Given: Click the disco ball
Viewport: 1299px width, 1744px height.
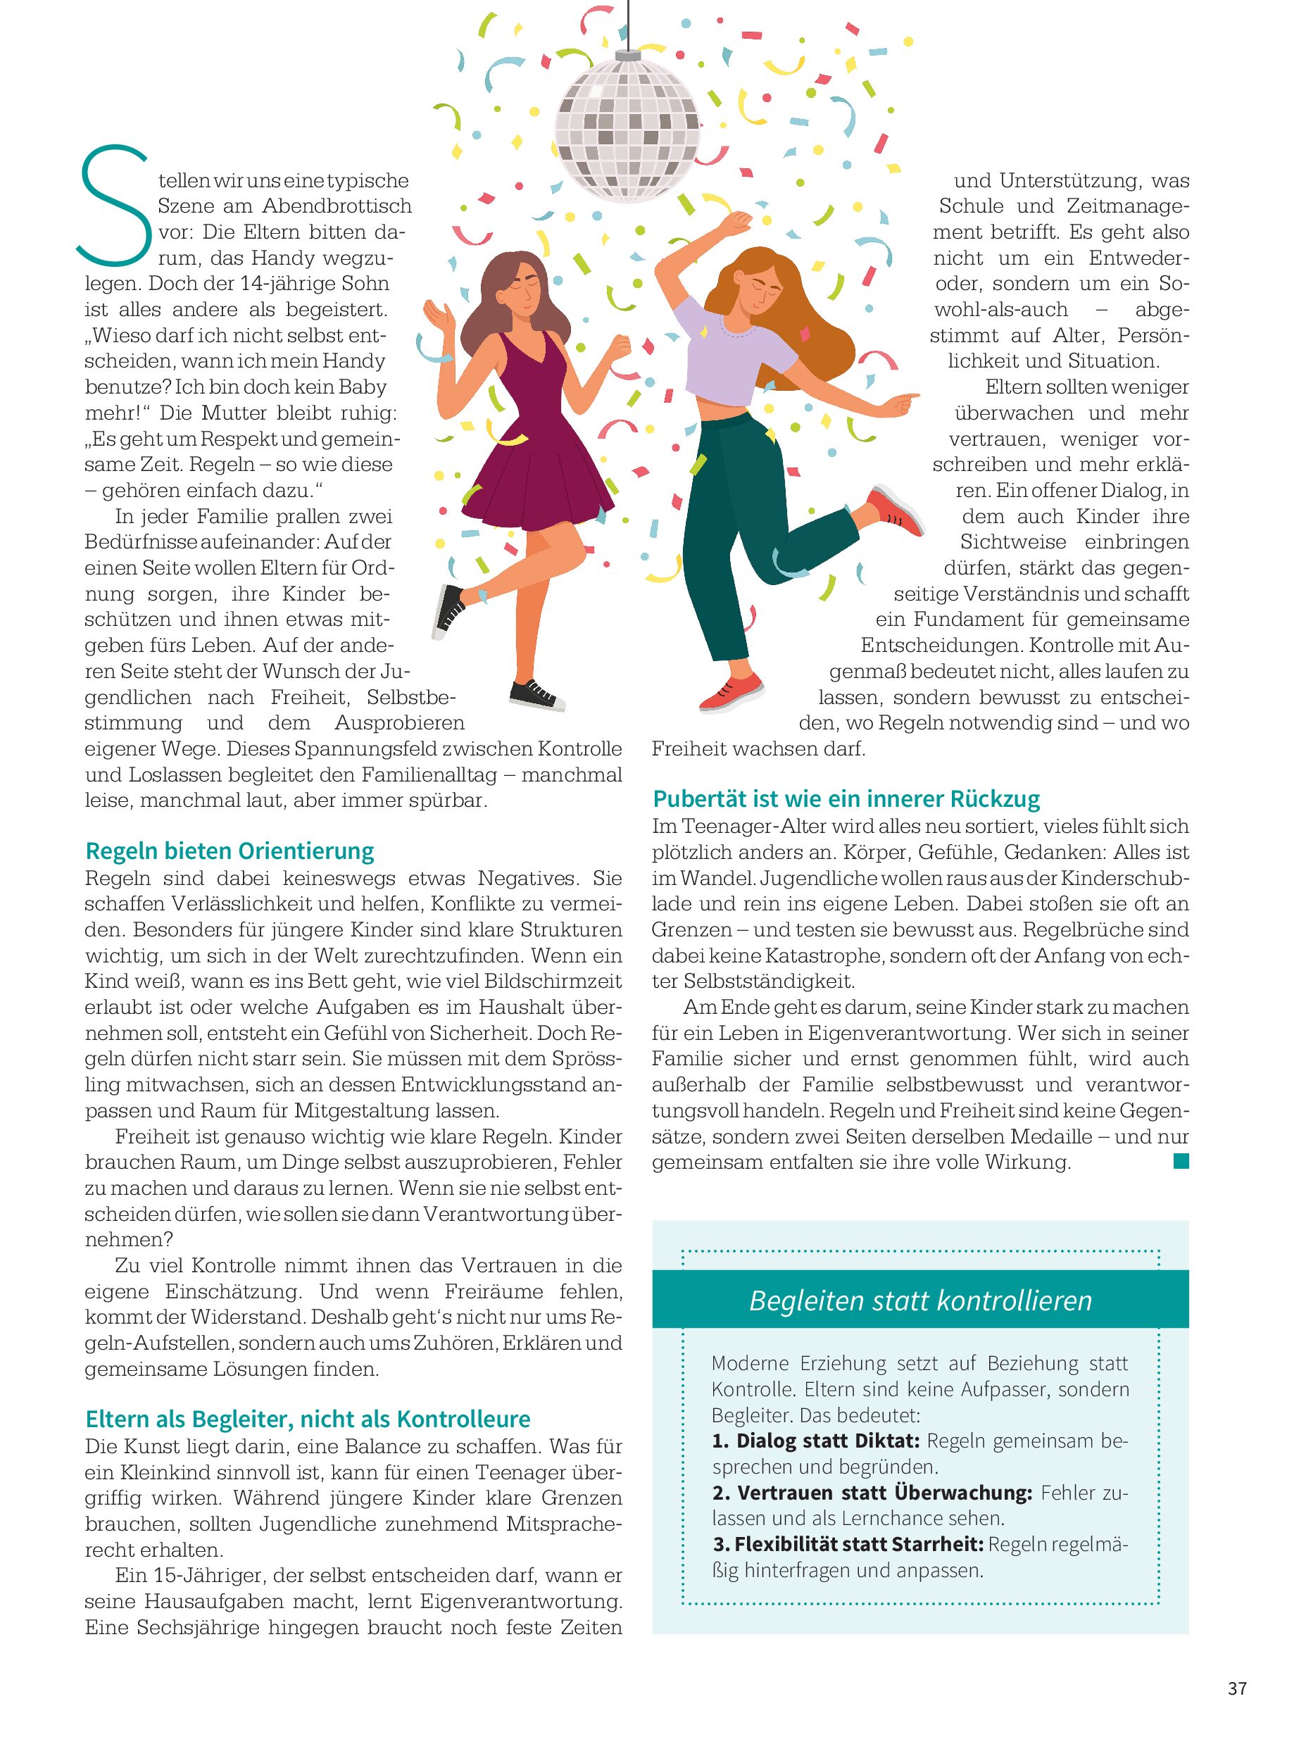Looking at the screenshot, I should (x=627, y=126).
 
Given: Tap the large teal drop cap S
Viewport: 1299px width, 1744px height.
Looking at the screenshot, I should (x=114, y=206).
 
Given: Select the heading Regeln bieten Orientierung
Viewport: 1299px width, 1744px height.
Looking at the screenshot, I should (x=230, y=851).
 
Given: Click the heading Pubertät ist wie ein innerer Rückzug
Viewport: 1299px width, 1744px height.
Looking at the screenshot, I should (x=846, y=799).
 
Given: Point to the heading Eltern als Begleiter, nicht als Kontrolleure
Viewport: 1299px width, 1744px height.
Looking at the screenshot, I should (x=308, y=1419).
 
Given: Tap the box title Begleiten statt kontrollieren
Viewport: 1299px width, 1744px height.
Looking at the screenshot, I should (x=920, y=1300).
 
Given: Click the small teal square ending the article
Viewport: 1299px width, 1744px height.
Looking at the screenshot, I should (x=1180, y=1161).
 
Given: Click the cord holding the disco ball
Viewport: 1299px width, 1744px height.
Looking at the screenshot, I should (x=628, y=24).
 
